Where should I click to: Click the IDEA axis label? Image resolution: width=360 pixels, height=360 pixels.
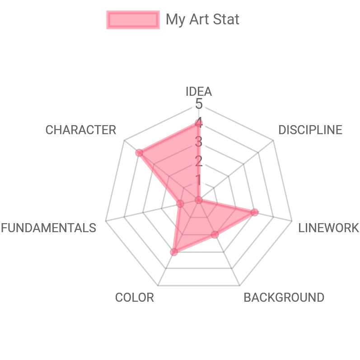point(199,92)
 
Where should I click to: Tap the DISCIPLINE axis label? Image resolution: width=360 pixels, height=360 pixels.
point(310,130)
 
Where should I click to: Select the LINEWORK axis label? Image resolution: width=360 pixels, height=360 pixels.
point(328,228)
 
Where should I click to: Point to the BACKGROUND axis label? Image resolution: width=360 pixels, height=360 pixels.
point(284,298)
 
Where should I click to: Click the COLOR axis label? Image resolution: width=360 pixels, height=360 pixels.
point(135,298)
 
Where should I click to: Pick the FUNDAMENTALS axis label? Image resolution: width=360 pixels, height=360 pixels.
point(48,228)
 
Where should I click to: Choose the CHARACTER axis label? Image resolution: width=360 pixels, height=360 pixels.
point(81,130)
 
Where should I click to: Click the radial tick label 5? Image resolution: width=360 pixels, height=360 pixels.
point(199,104)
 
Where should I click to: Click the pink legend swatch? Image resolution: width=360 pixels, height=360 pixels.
point(133,20)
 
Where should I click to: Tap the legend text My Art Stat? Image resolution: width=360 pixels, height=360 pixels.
point(202,20)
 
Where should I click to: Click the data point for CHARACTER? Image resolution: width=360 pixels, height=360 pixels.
point(139,153)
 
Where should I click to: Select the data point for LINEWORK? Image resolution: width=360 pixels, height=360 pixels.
point(255,212)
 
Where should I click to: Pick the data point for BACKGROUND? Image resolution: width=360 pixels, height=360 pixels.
point(215,234)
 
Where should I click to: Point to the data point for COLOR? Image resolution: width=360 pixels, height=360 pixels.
point(174,252)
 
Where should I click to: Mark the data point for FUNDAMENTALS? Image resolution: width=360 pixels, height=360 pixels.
point(180,204)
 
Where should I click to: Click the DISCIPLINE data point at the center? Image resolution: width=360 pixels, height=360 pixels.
point(199,200)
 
